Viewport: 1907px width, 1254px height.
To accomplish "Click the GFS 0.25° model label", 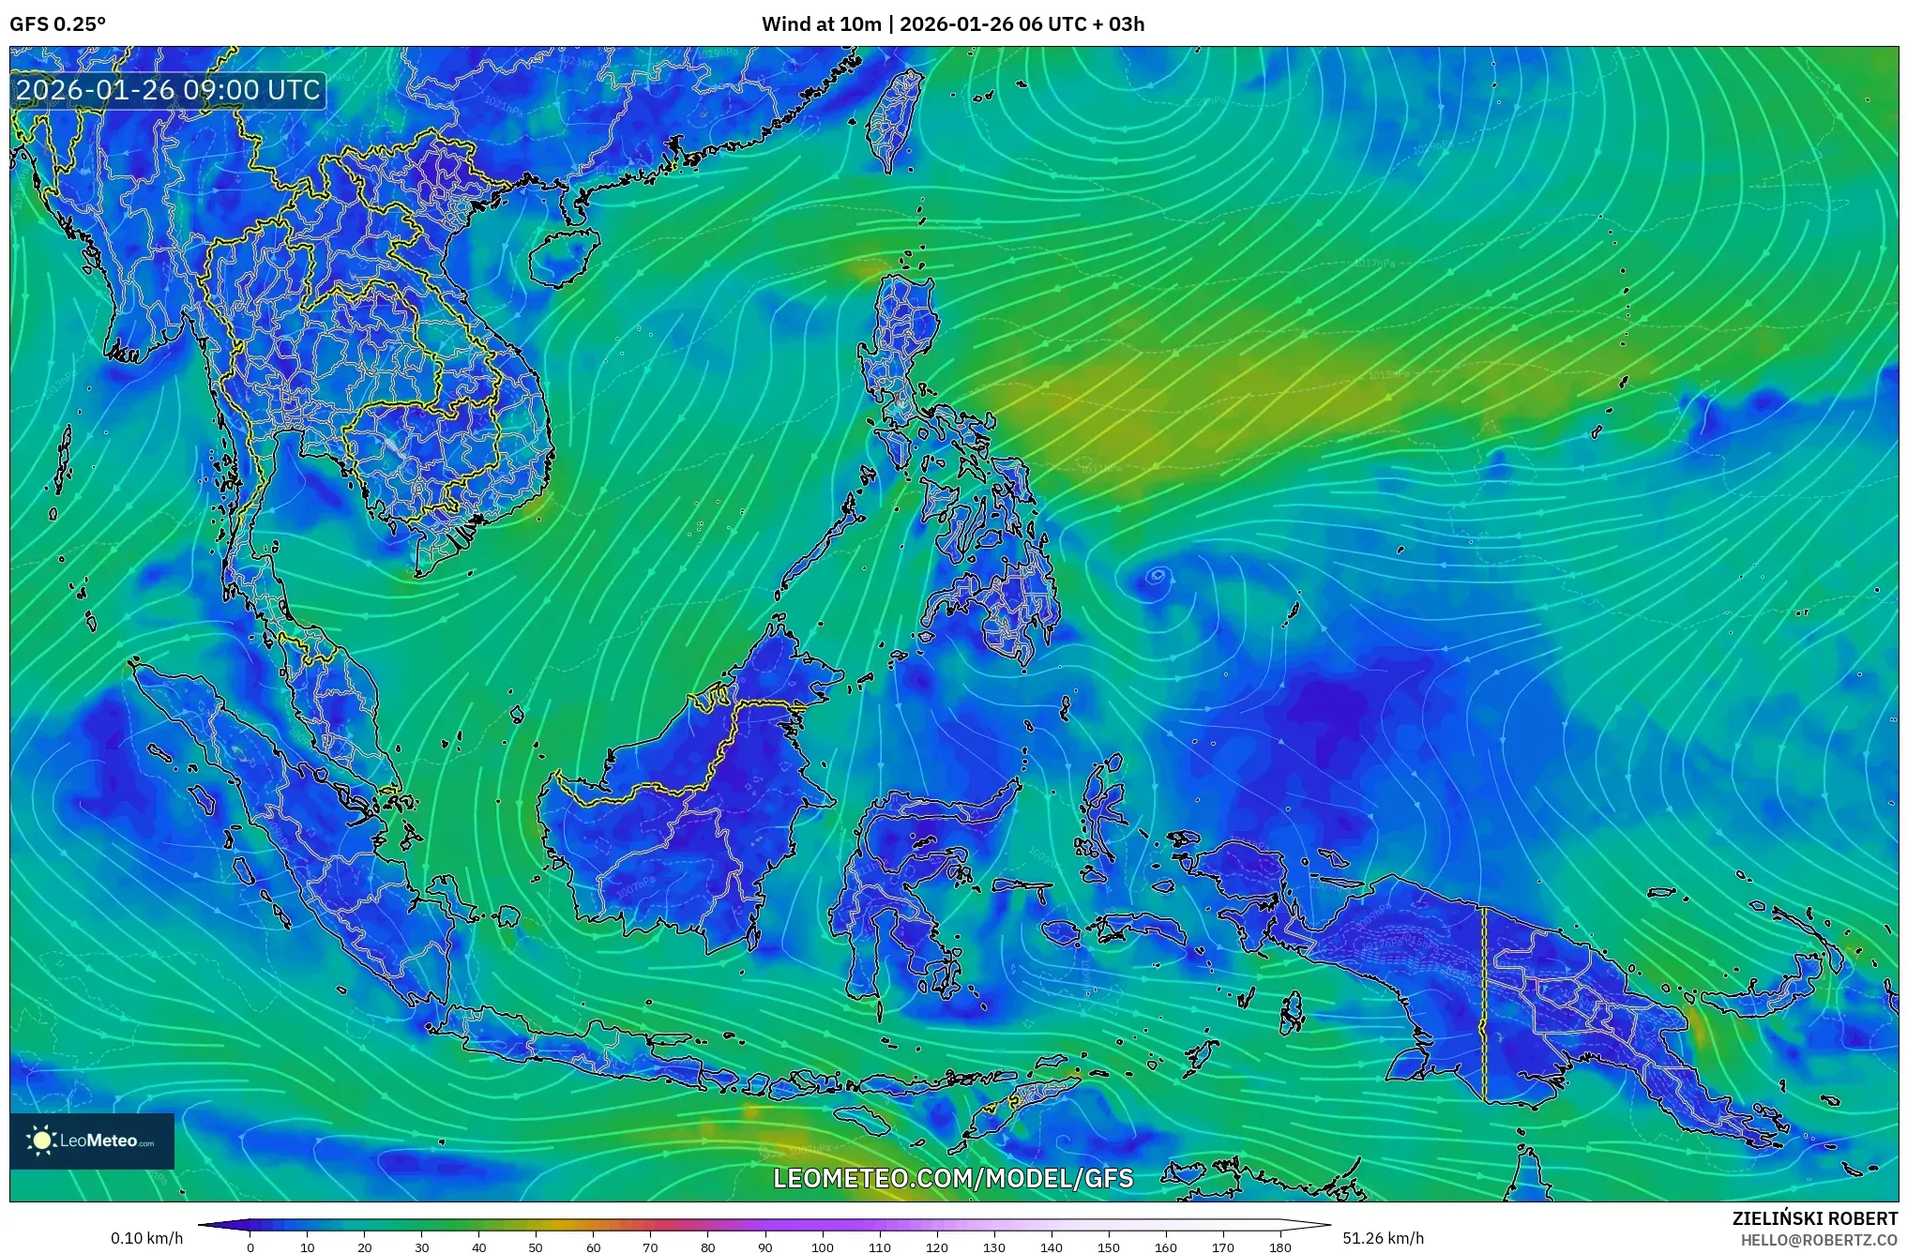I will click(x=57, y=24).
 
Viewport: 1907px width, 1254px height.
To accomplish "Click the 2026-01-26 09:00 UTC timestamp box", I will click(x=169, y=90).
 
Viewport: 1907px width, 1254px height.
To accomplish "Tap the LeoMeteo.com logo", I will click(x=92, y=1141).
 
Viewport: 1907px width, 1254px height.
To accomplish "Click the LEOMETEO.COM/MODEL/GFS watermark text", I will click(x=953, y=1178).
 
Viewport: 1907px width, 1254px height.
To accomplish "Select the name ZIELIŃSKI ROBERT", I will click(x=1814, y=1218).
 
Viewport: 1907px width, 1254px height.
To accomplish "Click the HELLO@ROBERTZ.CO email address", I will click(x=1819, y=1240).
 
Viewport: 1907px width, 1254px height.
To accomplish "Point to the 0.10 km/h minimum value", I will click(x=146, y=1238).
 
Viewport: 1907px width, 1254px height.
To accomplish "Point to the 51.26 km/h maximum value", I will click(x=1383, y=1238).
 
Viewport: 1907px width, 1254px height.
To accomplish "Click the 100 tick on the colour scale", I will click(x=823, y=1247).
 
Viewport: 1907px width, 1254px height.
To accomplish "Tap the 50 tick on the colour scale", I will click(x=536, y=1247).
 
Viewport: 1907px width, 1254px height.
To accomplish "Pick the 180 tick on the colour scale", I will click(x=1280, y=1247).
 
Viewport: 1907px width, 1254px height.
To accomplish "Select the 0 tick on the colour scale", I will click(x=250, y=1247).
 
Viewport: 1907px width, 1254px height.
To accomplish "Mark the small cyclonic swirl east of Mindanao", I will click(x=1158, y=576).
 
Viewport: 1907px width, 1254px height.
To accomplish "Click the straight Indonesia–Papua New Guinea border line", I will click(x=1484, y=1004).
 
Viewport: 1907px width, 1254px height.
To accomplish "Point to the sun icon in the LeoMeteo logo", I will click(x=41, y=1141).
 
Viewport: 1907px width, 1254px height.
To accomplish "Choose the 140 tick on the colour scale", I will click(x=1052, y=1247).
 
